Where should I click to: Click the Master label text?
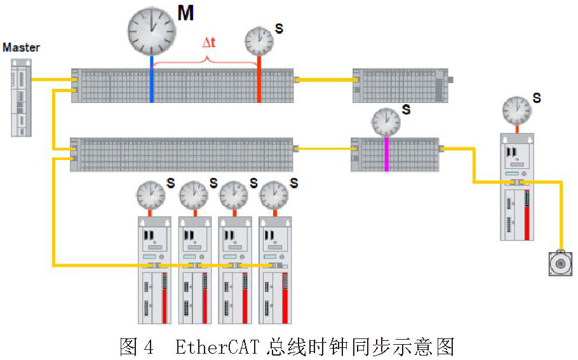(21, 48)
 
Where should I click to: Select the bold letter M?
(185, 13)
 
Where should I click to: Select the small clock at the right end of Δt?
(259, 41)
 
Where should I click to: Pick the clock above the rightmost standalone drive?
(516, 110)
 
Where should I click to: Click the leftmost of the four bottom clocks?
(151, 195)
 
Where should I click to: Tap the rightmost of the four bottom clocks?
(274, 195)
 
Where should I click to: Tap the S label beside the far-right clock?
(537, 98)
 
